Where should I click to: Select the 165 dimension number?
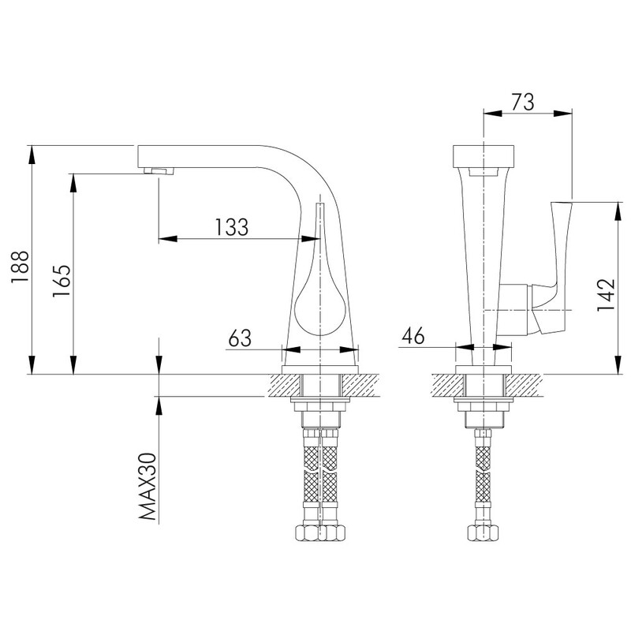point(62,281)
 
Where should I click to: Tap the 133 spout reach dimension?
point(231,227)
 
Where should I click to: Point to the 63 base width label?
point(240,338)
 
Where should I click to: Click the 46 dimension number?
point(413,335)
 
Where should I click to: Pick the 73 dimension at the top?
point(523,102)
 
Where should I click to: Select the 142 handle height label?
point(606,294)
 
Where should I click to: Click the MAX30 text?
point(147,486)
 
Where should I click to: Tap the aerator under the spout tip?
point(159,171)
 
